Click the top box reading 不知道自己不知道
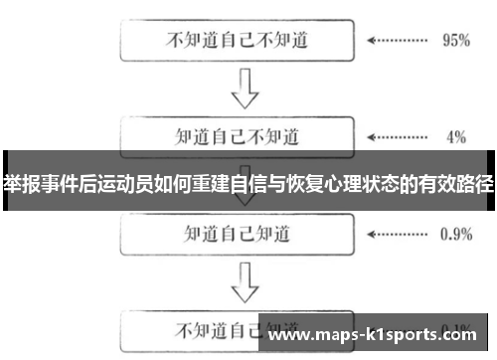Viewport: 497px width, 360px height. point(237,42)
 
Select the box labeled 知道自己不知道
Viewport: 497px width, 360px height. point(237,134)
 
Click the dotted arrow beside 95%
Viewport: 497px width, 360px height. point(397,42)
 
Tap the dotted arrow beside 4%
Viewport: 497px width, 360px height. point(397,134)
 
